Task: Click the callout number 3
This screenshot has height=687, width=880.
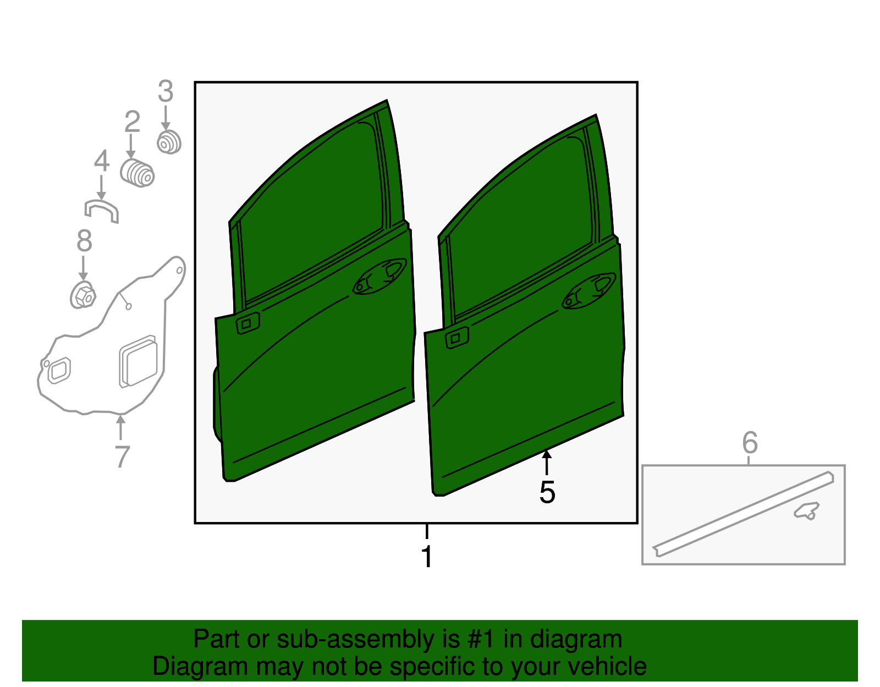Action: click(x=166, y=91)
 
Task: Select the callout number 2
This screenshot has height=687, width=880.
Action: click(x=133, y=122)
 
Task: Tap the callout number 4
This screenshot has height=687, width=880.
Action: click(x=102, y=161)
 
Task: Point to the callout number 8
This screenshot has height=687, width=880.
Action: click(x=84, y=240)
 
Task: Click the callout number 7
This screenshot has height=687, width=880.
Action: click(x=122, y=457)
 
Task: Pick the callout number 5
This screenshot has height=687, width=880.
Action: click(x=547, y=493)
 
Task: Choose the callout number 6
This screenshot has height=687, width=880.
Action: click(x=750, y=442)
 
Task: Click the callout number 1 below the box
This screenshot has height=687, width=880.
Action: click(x=427, y=556)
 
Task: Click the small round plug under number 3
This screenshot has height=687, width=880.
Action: click(x=169, y=142)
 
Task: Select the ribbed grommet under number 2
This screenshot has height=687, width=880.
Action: click(x=137, y=174)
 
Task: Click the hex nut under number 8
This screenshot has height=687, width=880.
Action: click(x=82, y=295)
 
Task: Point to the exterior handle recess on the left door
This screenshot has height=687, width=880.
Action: click(x=380, y=276)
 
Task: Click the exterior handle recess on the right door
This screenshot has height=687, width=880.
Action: click(x=588, y=291)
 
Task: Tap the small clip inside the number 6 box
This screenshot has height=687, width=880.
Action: click(x=806, y=510)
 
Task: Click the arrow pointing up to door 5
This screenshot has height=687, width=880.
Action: click(x=547, y=463)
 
